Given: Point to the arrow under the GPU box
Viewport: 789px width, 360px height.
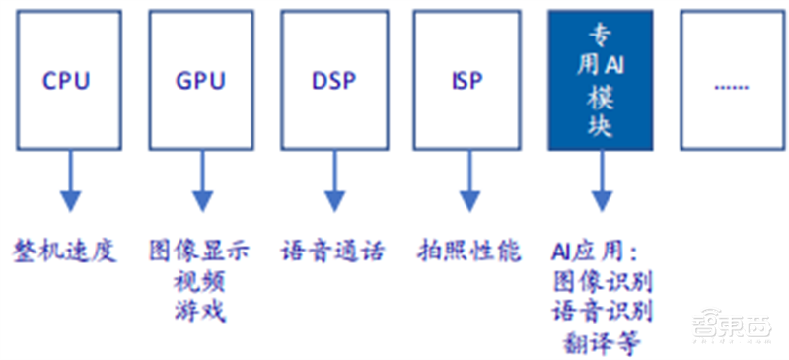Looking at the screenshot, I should (x=201, y=181).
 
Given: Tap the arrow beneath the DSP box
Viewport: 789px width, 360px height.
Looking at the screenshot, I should (x=334, y=181).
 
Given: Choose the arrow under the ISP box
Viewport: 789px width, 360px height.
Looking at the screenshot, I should (x=467, y=181).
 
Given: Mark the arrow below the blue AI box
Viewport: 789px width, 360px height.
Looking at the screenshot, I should (x=601, y=181).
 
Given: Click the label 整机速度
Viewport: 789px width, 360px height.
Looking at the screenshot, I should (x=65, y=251).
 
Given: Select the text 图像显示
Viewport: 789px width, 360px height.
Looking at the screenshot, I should (x=200, y=251).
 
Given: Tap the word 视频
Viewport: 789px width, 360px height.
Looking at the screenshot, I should (x=200, y=281).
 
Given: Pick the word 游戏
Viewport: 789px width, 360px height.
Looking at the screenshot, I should (x=200, y=312).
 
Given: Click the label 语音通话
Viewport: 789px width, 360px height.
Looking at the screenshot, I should (x=333, y=251).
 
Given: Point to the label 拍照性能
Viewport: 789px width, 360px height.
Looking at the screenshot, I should (x=466, y=251).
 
